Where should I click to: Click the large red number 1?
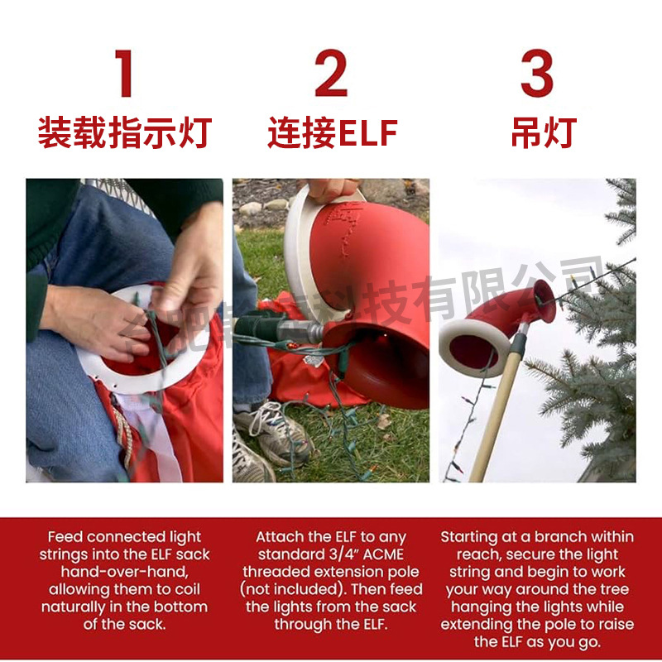click(124, 74)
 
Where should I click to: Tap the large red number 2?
click(331, 74)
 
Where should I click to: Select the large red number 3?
click(536, 74)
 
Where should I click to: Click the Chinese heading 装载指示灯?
click(124, 133)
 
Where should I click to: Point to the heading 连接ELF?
click(332, 133)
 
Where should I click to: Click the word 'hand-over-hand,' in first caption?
click(124, 572)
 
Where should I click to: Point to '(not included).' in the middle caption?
click(291, 589)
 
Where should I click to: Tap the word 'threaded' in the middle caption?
click(276, 572)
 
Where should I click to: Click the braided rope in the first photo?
click(126, 430)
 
